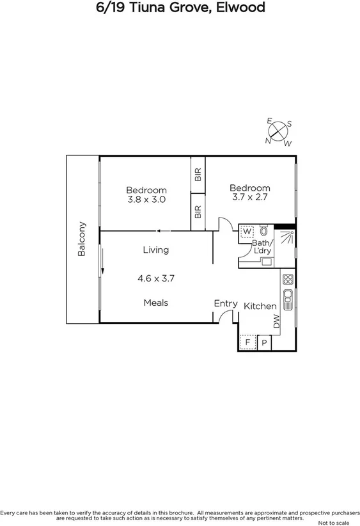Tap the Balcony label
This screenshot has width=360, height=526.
point(82,239)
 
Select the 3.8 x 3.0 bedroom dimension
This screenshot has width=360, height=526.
point(146,199)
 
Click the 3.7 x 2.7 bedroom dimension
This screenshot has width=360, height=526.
point(249,197)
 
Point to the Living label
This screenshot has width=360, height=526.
point(155,250)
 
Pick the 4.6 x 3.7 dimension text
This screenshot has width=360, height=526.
point(156,278)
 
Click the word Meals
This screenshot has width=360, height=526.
point(156,302)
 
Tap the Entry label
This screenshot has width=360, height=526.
point(226,303)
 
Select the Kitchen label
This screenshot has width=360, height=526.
point(260,306)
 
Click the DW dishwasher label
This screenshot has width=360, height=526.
point(277,322)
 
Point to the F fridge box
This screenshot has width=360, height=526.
point(247,343)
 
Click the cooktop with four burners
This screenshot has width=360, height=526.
point(288,279)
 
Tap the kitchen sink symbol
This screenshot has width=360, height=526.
point(288,298)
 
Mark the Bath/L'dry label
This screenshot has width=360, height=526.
point(262,247)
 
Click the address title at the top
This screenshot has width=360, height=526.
point(180,8)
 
